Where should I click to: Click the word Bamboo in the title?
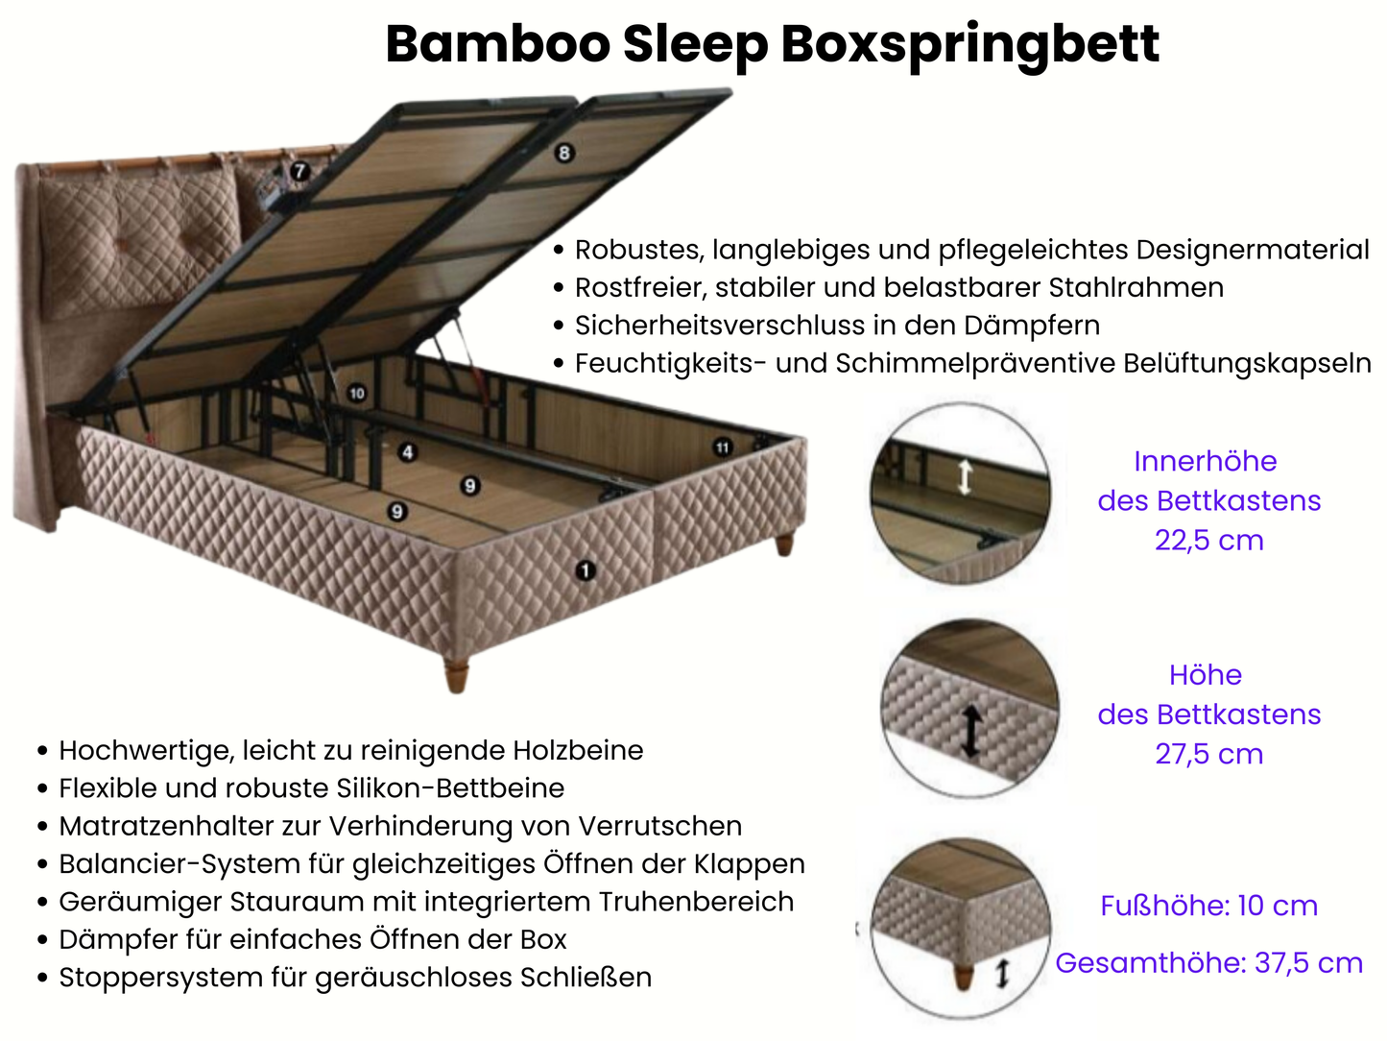coord(497,44)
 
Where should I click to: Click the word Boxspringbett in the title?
coord(969,44)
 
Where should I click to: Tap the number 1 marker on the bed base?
coord(585,570)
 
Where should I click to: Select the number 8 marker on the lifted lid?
coord(563,153)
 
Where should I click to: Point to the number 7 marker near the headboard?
coord(300,171)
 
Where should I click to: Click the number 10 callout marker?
coord(357,393)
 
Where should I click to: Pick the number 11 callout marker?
coord(722,447)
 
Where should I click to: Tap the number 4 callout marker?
coord(408,451)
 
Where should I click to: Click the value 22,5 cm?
coord(1208,541)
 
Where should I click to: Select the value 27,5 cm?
coord(1208,755)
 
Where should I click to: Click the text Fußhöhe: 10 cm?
coord(1208,906)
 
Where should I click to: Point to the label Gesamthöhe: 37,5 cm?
coord(1208,963)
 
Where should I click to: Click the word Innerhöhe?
coord(1205,462)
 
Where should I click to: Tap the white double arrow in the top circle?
coord(965,476)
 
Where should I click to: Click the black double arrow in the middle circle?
coord(971,731)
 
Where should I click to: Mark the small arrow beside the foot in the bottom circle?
coord(1002,974)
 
